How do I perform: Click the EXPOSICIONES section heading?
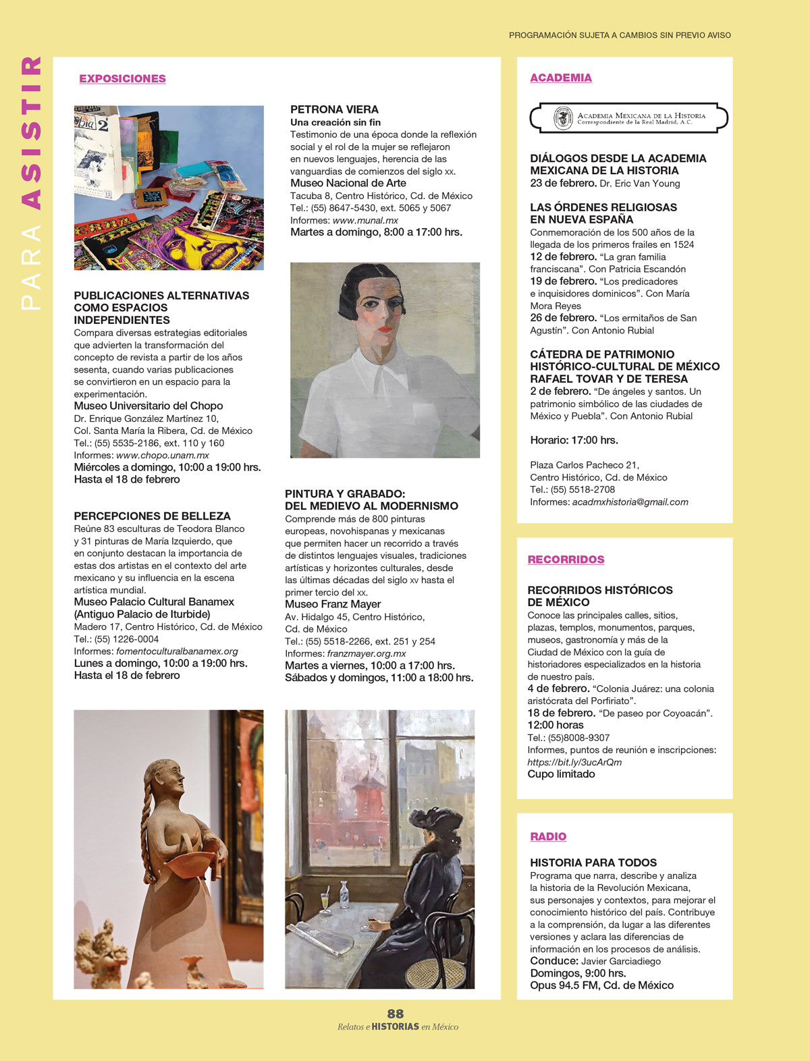coord(122,78)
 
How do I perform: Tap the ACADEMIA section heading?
coord(561,78)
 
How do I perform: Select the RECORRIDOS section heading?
coord(566,560)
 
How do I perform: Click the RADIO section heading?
coord(548,836)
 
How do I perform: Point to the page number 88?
coord(396,1013)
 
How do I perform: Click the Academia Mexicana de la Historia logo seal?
coord(563,118)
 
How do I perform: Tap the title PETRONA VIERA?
coord(334,109)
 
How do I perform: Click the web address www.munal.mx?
coord(365,220)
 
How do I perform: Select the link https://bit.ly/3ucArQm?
coord(574,762)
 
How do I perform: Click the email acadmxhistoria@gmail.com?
coord(630,502)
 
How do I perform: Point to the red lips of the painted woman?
coord(385,329)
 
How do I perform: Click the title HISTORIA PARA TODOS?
coord(593,863)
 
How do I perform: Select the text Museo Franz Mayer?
coord(333,604)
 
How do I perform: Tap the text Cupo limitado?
coord(561,774)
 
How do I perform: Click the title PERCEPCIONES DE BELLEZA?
coord(152,516)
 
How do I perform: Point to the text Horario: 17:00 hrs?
coord(574,440)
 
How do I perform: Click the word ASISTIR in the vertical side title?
coord(31,132)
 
